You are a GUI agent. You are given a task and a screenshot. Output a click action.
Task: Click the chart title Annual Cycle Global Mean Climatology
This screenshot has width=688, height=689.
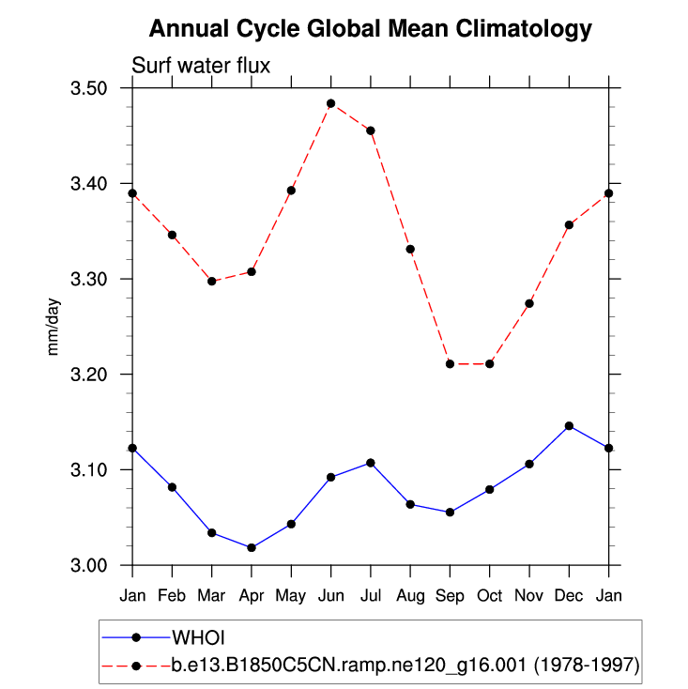tap(371, 29)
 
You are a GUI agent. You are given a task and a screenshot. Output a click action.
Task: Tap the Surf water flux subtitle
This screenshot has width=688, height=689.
tap(201, 66)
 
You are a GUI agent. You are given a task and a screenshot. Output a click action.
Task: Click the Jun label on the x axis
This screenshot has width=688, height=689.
tap(330, 596)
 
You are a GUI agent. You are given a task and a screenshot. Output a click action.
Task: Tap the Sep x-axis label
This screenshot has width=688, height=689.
tap(450, 596)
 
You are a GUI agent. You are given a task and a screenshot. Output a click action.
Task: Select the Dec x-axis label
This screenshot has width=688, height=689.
tap(569, 596)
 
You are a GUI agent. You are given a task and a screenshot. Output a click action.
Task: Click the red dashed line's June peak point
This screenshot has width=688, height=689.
tap(330, 103)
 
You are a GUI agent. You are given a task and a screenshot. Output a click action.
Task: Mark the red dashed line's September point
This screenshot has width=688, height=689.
tap(450, 363)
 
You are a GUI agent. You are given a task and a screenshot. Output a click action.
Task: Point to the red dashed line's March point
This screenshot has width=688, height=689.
tap(212, 281)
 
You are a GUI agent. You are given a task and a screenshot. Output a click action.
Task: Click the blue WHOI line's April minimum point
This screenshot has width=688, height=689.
tap(252, 547)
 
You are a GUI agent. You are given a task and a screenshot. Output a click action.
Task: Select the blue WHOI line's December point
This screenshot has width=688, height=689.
tap(569, 426)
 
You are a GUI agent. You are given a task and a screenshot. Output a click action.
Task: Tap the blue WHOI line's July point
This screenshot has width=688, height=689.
tap(371, 463)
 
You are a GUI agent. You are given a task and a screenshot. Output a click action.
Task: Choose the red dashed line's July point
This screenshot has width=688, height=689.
tap(371, 130)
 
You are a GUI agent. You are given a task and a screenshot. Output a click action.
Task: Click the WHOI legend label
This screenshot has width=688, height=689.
tap(198, 637)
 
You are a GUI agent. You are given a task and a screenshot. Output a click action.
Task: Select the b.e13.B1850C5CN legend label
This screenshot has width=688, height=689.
tap(405, 666)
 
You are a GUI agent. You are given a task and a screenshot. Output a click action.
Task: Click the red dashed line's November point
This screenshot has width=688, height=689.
tap(529, 303)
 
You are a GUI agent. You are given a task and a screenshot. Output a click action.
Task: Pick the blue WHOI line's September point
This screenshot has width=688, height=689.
tap(450, 512)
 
